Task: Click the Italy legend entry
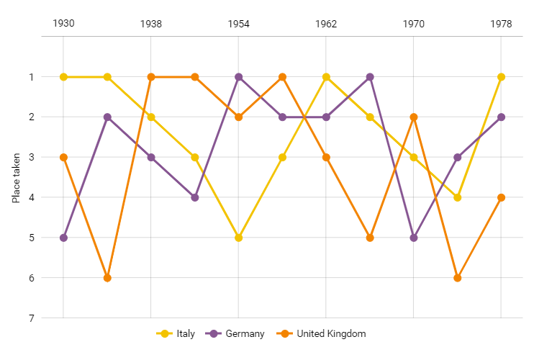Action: pos(185,333)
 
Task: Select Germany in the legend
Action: pos(245,333)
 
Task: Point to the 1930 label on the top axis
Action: pos(63,23)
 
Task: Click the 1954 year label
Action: pos(238,23)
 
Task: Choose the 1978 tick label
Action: pos(501,23)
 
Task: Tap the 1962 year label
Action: pos(326,23)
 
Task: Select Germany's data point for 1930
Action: pos(63,238)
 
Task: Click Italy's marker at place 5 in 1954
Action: pos(238,238)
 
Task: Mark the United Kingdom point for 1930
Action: pos(63,157)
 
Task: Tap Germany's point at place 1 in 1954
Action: pos(238,77)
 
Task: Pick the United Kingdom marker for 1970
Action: pos(414,117)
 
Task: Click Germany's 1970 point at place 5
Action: pos(414,238)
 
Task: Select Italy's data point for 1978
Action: pos(501,77)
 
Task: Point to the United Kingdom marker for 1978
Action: pos(501,197)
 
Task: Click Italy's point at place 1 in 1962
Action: pos(326,77)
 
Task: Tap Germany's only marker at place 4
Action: pos(194,197)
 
